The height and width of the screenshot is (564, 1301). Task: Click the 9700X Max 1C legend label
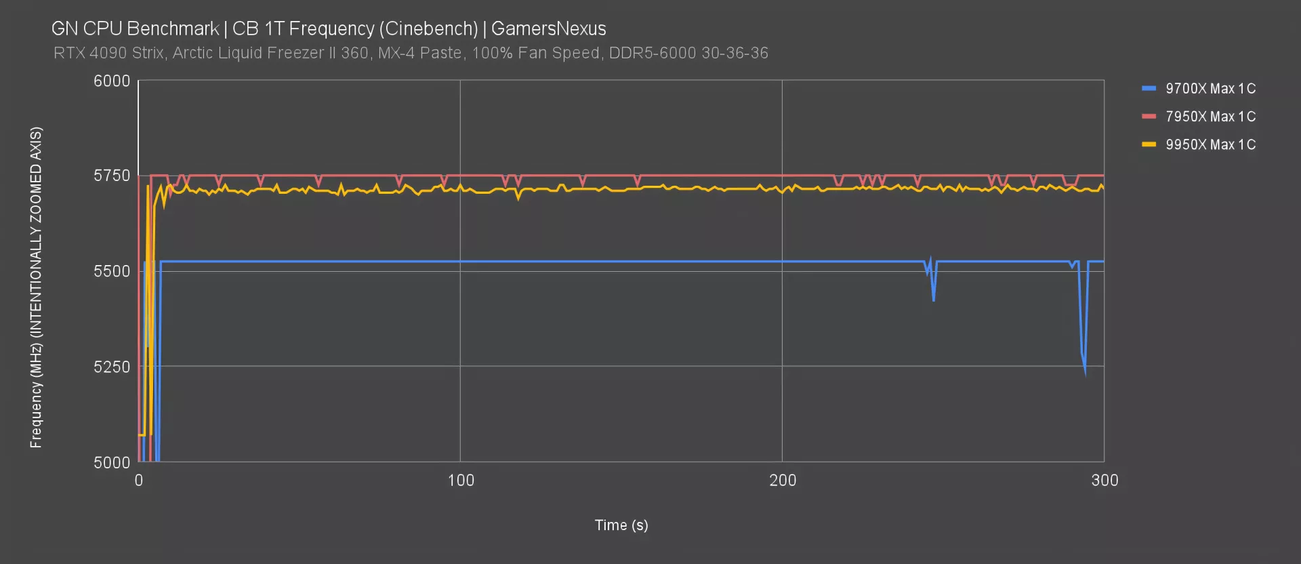pos(1210,89)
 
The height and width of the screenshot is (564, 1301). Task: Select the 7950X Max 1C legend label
pos(1210,117)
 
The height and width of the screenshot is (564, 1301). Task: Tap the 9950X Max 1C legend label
pos(1210,144)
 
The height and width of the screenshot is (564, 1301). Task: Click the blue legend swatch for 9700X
pos(1149,89)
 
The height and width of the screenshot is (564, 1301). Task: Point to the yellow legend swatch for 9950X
pos(1149,144)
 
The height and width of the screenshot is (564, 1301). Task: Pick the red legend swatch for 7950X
pos(1149,117)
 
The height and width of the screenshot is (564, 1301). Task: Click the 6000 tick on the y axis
pos(112,81)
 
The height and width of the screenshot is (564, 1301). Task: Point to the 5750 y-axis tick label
pos(112,176)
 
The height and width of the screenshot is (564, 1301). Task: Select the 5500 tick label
pos(112,271)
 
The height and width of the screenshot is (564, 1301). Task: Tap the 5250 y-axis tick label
pos(112,367)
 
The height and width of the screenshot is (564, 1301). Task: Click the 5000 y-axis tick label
pos(112,462)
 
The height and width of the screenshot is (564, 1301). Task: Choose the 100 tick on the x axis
pos(461,481)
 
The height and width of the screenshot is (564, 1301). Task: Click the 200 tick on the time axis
pos(783,481)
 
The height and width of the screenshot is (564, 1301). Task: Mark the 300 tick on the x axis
pos(1104,481)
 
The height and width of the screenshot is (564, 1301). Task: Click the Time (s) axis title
pos(621,525)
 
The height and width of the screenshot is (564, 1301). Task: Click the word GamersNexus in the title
pos(548,28)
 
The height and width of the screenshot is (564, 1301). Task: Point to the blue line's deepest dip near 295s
pos(1085,371)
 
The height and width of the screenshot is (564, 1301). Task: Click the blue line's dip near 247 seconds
pos(934,299)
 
